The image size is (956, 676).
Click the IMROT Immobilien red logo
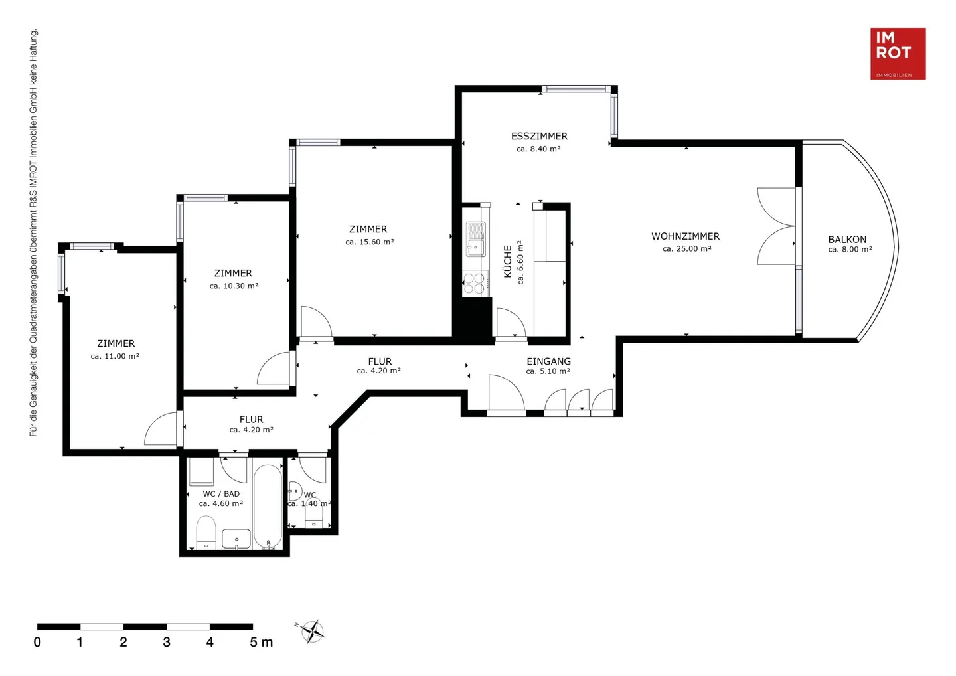[898, 54]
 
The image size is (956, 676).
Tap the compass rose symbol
[313, 632]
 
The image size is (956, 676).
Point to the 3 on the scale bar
[167, 642]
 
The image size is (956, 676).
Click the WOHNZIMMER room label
[685, 236]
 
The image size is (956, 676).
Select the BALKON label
[847, 240]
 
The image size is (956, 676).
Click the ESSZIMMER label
[540, 136]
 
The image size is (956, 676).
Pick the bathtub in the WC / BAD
[268, 507]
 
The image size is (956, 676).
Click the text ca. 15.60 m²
[370, 242]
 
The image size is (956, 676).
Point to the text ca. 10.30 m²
[234, 286]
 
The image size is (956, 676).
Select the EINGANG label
[548, 361]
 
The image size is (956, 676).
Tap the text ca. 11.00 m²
[115, 356]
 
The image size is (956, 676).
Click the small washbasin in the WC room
[295, 491]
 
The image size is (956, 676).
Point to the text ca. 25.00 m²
[686, 249]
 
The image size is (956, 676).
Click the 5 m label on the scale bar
[261, 642]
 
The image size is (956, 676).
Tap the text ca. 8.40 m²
[538, 149]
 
